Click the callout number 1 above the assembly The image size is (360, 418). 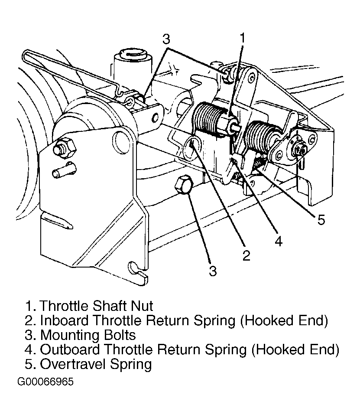click(243, 38)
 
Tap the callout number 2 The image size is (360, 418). click(246, 255)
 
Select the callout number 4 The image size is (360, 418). click(278, 241)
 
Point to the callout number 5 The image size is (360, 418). click(321, 220)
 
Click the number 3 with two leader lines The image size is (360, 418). click(166, 39)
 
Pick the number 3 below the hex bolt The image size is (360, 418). click(212, 271)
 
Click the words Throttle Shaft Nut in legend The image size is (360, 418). click(96, 306)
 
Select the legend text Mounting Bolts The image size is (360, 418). click(88, 335)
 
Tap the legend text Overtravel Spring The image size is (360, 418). click(96, 363)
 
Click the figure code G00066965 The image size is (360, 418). click(45, 382)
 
